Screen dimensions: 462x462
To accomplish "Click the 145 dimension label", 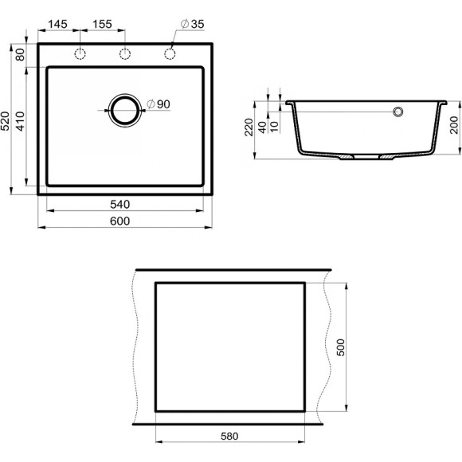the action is point(57,24).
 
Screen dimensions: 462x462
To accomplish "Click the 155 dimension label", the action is point(102,24).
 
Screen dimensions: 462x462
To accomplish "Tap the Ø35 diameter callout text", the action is point(193,24).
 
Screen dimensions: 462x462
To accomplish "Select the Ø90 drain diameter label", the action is point(159,104).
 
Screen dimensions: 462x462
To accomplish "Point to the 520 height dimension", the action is point(6,121).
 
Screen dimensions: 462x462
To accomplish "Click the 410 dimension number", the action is point(20,121).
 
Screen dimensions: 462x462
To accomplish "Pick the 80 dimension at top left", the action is point(20,55).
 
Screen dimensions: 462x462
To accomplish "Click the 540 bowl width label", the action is point(120,204).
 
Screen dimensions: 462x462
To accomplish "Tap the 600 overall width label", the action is point(120,221).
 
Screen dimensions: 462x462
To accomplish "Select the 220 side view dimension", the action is point(249,127).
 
